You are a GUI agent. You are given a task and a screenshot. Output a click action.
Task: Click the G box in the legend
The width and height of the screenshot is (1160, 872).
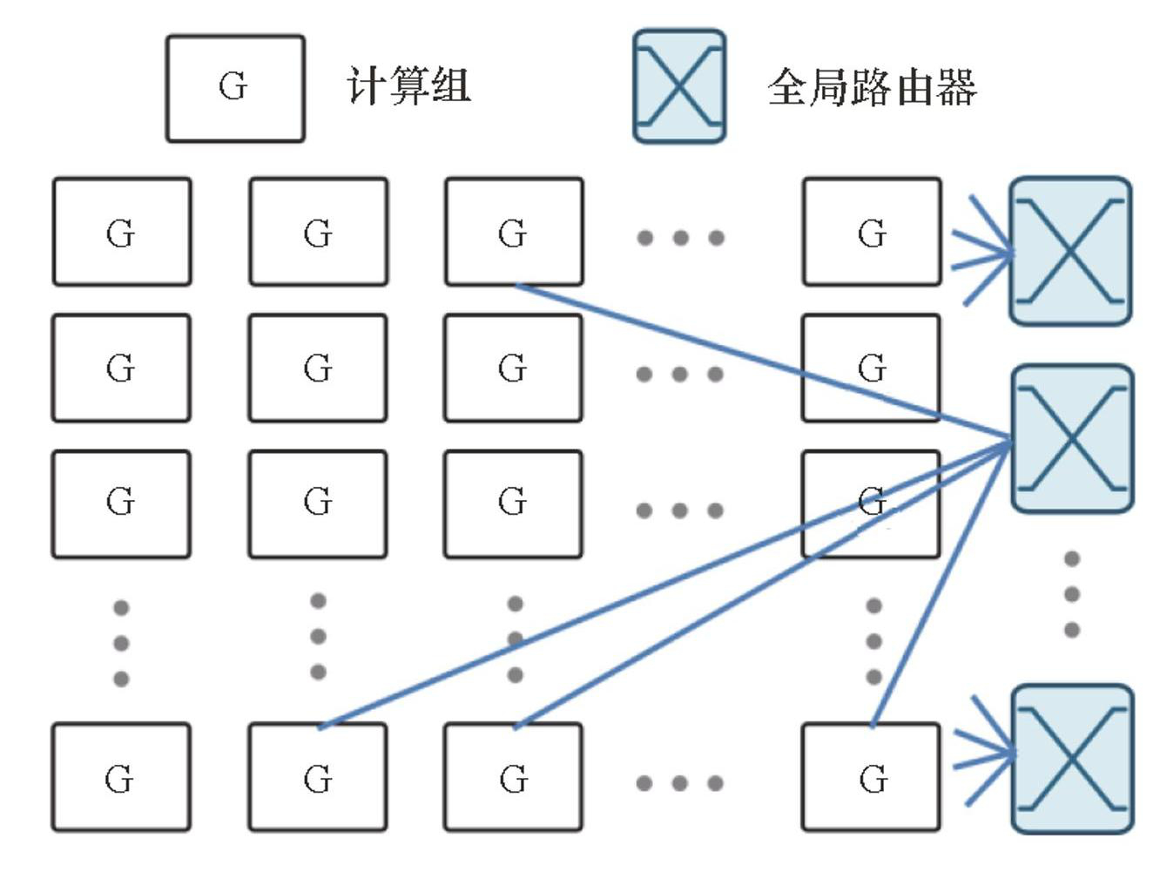click(x=235, y=88)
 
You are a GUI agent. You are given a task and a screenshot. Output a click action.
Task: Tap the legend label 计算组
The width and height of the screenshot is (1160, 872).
click(x=408, y=86)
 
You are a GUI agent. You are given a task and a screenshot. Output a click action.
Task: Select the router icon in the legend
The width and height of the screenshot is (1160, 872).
click(x=679, y=86)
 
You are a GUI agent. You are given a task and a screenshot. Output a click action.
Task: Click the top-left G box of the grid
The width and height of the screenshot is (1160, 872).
click(x=122, y=232)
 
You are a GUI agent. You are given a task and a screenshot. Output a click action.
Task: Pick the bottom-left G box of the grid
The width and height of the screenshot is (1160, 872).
click(x=121, y=776)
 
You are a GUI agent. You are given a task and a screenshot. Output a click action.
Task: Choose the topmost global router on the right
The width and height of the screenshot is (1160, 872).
click(x=1070, y=251)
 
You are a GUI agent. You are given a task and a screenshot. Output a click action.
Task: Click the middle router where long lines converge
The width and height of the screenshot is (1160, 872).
click(x=1072, y=438)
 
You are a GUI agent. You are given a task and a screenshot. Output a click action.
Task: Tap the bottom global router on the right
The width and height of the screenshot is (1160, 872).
click(x=1072, y=759)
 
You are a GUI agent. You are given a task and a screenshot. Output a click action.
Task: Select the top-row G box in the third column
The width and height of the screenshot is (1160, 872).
click(x=514, y=232)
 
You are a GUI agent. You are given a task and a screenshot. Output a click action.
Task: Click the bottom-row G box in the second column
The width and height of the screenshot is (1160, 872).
click(x=318, y=776)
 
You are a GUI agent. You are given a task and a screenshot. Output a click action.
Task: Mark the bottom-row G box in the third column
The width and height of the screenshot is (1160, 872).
click(x=514, y=776)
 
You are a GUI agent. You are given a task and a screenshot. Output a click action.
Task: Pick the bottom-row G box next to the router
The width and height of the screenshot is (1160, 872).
click(x=871, y=776)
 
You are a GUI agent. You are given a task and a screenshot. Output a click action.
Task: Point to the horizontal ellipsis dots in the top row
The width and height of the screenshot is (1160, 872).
click(x=680, y=237)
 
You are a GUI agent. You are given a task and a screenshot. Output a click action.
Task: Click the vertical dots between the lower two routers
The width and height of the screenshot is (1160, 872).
click(x=1072, y=594)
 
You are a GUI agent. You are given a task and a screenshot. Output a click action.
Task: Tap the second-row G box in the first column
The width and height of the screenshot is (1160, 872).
click(x=121, y=368)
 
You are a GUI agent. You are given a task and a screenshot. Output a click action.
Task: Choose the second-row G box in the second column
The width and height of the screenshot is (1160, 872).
click(x=318, y=368)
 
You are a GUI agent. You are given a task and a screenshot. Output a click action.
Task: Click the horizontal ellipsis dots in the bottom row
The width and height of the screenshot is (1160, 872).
click(x=679, y=782)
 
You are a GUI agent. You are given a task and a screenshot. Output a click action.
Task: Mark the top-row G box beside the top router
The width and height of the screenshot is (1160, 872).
click(x=872, y=232)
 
